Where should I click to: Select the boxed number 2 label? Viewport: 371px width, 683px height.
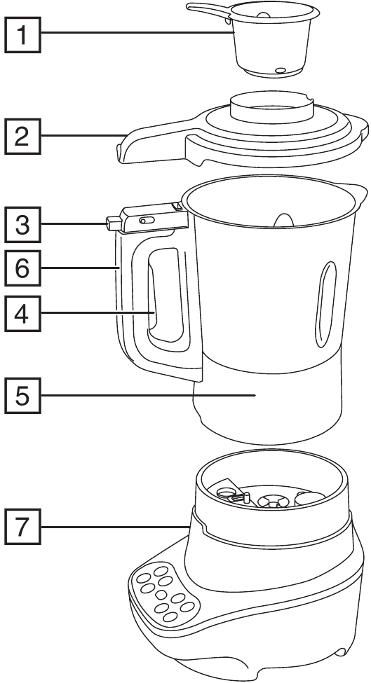[x=23, y=135]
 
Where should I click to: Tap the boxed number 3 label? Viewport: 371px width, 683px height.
[x=23, y=225]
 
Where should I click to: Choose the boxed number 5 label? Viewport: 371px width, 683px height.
[x=23, y=395]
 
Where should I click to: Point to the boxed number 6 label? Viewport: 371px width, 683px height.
[x=23, y=268]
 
